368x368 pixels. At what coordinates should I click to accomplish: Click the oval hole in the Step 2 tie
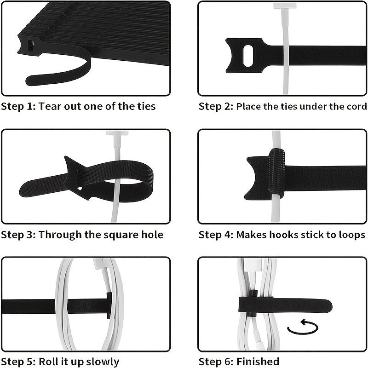(248, 56)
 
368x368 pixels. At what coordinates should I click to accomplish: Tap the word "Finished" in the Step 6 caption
(258, 362)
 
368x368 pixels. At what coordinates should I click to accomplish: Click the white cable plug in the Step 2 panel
(285, 6)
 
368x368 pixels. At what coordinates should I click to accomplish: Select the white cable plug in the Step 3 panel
(117, 133)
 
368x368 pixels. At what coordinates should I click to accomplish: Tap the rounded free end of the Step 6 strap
(328, 306)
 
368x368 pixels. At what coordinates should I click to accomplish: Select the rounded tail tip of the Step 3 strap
(23, 191)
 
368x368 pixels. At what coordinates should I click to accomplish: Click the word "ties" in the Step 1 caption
(146, 106)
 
